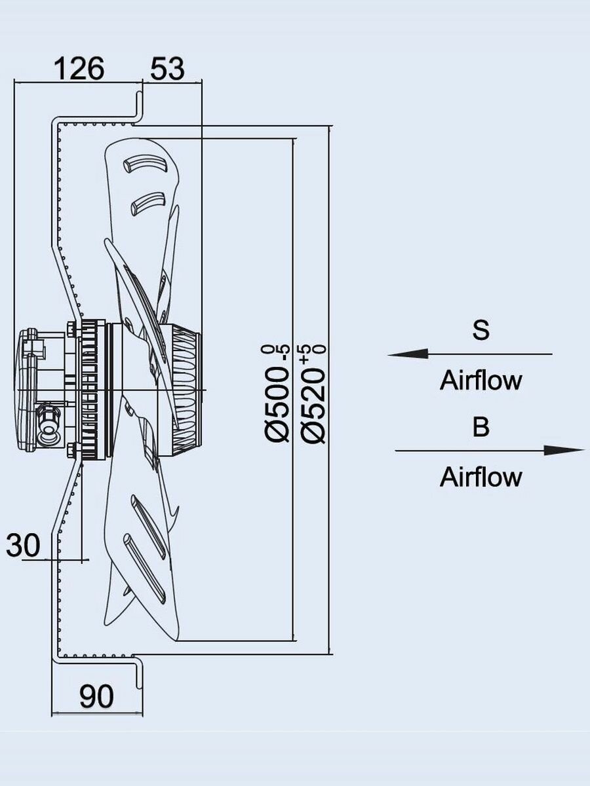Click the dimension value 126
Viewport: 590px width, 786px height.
(x=78, y=68)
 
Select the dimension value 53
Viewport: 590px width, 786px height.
(x=167, y=68)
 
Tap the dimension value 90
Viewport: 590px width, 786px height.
(x=96, y=697)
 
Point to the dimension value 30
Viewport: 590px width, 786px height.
(x=24, y=545)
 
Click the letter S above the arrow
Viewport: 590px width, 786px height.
(x=481, y=330)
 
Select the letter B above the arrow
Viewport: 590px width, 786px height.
(x=481, y=427)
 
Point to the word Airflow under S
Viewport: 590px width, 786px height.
(x=481, y=381)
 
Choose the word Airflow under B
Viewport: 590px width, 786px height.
(x=481, y=477)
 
